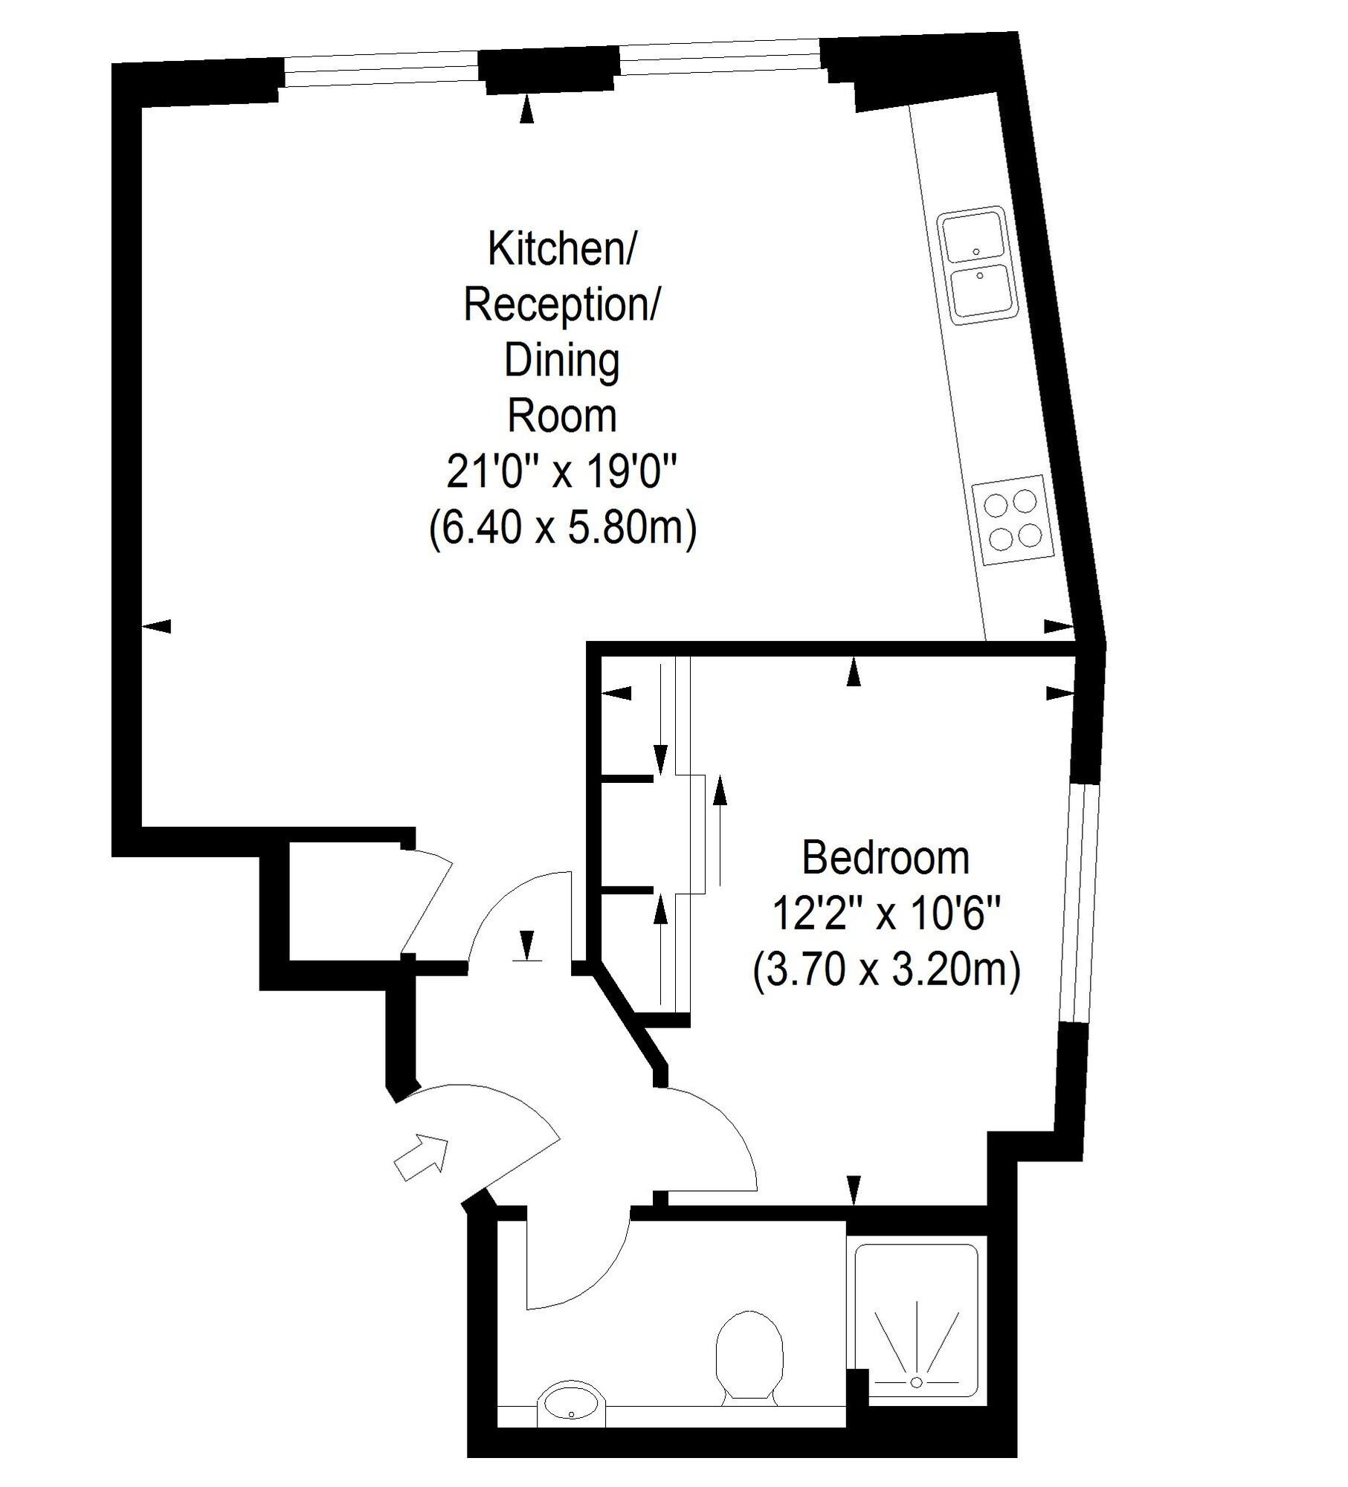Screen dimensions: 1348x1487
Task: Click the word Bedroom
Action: (885, 858)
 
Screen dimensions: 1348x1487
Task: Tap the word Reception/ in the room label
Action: (561, 305)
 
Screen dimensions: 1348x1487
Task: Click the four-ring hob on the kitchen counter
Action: (1012, 518)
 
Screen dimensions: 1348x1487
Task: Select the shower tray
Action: (916, 1323)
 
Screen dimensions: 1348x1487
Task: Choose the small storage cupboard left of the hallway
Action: (345, 901)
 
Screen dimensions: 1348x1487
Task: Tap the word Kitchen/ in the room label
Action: (561, 248)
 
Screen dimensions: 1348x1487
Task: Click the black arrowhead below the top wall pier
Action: (527, 109)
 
